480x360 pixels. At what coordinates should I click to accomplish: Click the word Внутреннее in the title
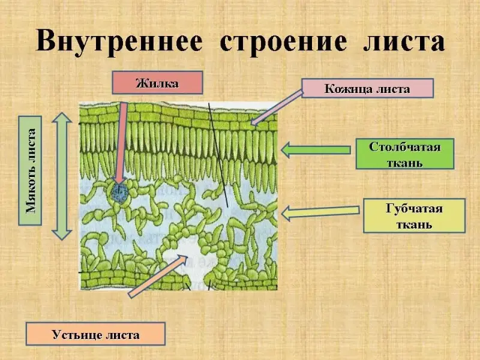click(x=122, y=42)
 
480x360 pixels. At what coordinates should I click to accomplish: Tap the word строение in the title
click(x=283, y=42)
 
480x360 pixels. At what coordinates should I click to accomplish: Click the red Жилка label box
click(x=157, y=83)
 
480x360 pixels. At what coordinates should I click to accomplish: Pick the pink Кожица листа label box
click(x=367, y=89)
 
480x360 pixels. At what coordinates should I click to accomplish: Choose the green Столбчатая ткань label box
click(x=404, y=154)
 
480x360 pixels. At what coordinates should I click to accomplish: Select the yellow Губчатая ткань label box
click(x=414, y=216)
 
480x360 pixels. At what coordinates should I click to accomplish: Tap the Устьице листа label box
click(x=95, y=334)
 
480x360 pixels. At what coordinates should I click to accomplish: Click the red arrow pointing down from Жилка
click(x=122, y=144)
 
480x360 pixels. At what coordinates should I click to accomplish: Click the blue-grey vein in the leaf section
click(x=119, y=192)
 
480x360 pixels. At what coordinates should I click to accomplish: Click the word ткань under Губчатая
click(x=414, y=225)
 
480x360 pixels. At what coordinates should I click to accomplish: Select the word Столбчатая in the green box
click(x=404, y=147)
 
